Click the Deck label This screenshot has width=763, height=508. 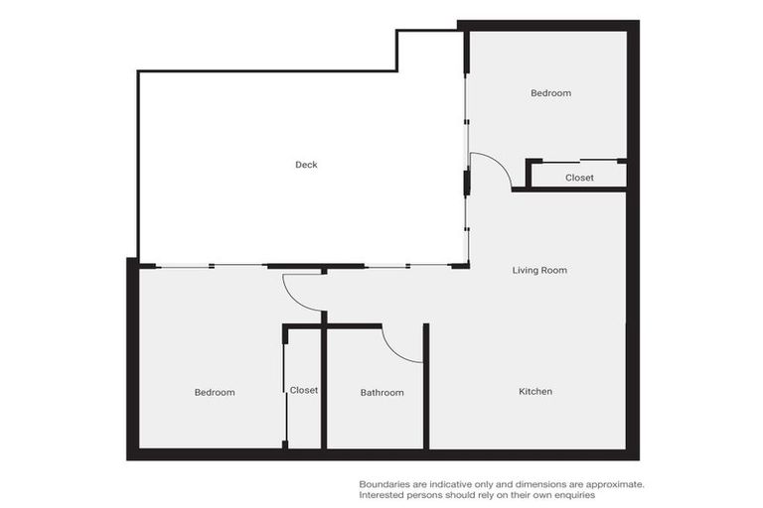coord(306,165)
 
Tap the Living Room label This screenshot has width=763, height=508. coord(539,270)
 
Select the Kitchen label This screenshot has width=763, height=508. coord(535,392)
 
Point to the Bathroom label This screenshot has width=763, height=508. coord(381,393)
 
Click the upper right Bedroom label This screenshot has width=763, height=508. coord(550,93)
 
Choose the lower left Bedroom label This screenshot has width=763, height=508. coord(214,393)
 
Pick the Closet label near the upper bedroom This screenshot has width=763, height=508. coord(579,178)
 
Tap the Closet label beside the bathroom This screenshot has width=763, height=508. coord(304,391)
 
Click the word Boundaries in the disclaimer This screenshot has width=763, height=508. coord(385,484)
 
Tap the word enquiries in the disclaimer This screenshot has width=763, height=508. coord(568,495)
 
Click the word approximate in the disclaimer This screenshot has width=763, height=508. coord(612,484)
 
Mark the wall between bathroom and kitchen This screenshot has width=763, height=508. coord(426,387)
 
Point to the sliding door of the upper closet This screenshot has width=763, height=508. coord(579,161)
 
